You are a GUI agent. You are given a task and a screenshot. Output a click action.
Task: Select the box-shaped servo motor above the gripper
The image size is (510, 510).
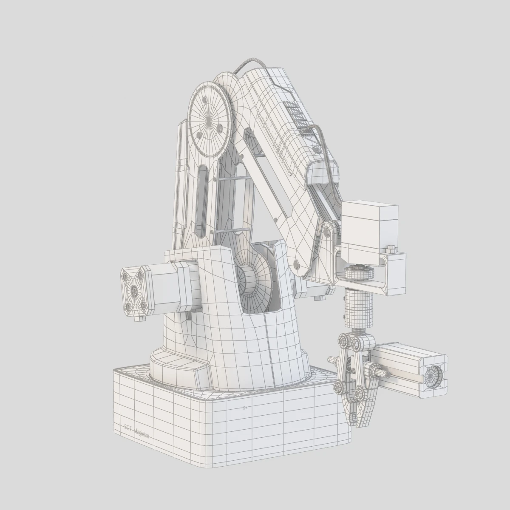(369, 232)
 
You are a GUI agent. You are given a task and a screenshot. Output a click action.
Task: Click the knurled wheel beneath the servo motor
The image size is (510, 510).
(358, 272)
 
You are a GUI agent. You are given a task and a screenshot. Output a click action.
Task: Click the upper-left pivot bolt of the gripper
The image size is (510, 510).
(343, 340)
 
